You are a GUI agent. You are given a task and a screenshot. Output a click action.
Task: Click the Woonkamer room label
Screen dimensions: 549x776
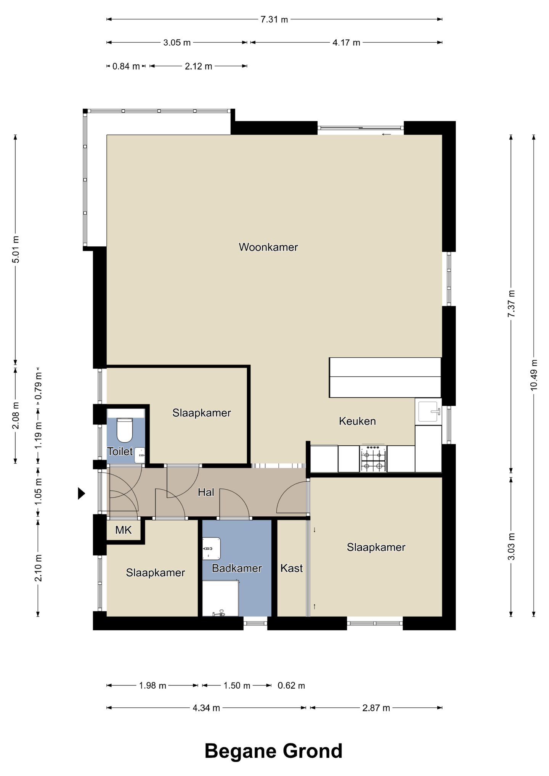pyautogui.click(x=268, y=247)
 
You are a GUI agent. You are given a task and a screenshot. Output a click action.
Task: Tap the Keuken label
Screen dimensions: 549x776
pyautogui.click(x=357, y=421)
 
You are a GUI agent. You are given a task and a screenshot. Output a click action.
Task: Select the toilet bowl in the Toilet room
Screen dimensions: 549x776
pyautogui.click(x=124, y=430)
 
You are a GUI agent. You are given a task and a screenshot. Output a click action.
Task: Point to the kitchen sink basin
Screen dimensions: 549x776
pyautogui.click(x=429, y=411)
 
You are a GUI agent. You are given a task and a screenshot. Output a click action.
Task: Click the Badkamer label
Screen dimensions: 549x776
pyautogui.click(x=237, y=568)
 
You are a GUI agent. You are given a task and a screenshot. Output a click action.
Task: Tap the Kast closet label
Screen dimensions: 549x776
pyautogui.click(x=292, y=568)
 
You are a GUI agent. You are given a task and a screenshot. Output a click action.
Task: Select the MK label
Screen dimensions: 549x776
pyautogui.click(x=124, y=530)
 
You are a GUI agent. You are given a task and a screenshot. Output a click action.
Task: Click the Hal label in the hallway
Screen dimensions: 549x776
pyautogui.click(x=206, y=492)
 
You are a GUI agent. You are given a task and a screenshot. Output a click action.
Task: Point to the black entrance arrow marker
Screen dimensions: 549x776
pyautogui.click(x=81, y=493)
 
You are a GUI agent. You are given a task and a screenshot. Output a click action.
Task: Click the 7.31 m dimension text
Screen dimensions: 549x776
pyautogui.click(x=274, y=19)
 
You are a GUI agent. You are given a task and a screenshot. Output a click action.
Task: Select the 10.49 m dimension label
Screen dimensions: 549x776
pyautogui.click(x=533, y=374)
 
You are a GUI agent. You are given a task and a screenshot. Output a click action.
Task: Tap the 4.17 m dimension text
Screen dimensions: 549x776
pyautogui.click(x=346, y=42)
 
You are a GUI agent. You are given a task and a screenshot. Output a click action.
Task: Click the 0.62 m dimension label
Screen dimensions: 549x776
pyautogui.click(x=291, y=686)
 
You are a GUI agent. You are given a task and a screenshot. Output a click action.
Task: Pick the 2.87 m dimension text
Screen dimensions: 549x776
pyautogui.click(x=376, y=708)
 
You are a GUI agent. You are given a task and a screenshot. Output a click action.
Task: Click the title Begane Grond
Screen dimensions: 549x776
pyautogui.click(x=274, y=751)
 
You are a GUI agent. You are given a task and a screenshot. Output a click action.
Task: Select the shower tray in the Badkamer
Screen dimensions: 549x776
pyautogui.click(x=220, y=598)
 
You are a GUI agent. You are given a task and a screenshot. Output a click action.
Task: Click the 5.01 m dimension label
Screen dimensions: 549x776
pyautogui.click(x=16, y=249)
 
